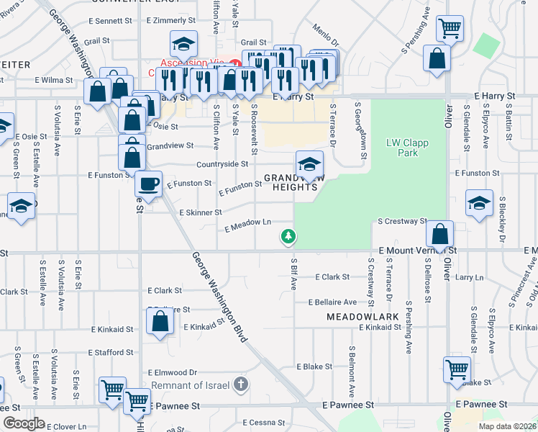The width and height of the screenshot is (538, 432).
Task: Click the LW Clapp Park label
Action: (x=407, y=148)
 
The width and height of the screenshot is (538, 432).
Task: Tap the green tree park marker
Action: (x=288, y=235)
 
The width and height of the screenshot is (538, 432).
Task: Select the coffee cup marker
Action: (x=148, y=184)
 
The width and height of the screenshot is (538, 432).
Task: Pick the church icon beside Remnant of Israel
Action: (x=242, y=385)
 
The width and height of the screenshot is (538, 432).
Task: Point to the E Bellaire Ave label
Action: (x=332, y=302)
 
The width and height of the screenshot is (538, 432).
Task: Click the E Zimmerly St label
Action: (x=172, y=22)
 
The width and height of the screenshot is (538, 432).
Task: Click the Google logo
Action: (x=24, y=423)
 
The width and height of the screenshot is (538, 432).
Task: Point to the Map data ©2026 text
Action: (x=507, y=426)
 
